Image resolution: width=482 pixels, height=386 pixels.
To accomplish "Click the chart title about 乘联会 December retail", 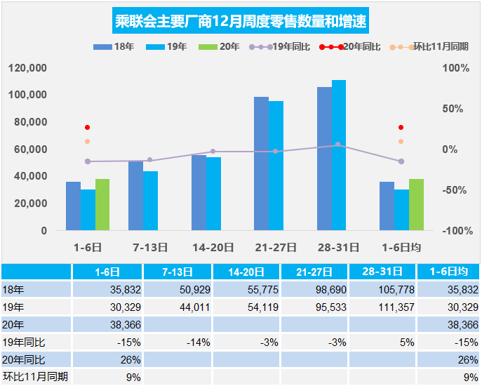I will pyautogui.click(x=241, y=20).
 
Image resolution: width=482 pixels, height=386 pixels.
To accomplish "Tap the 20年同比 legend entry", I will pyautogui.click(x=365, y=47).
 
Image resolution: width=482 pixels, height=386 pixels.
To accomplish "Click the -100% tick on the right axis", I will pyautogui.click(x=455, y=231).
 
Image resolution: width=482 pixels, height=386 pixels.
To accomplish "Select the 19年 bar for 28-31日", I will pyautogui.click(x=339, y=155).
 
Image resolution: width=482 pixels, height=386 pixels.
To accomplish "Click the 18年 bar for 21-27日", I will pyautogui.click(x=261, y=164).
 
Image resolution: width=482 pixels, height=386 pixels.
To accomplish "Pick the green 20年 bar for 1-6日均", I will pyautogui.click(x=416, y=204).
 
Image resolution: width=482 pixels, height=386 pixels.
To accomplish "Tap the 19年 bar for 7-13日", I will pyautogui.click(x=151, y=201).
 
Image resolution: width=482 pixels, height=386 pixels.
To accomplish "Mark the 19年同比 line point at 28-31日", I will pyautogui.click(x=337, y=145).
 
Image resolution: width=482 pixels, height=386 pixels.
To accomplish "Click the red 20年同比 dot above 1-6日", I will pyautogui.click(x=88, y=128).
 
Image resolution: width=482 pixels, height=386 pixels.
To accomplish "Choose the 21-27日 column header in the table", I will pyautogui.click(x=314, y=272).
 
